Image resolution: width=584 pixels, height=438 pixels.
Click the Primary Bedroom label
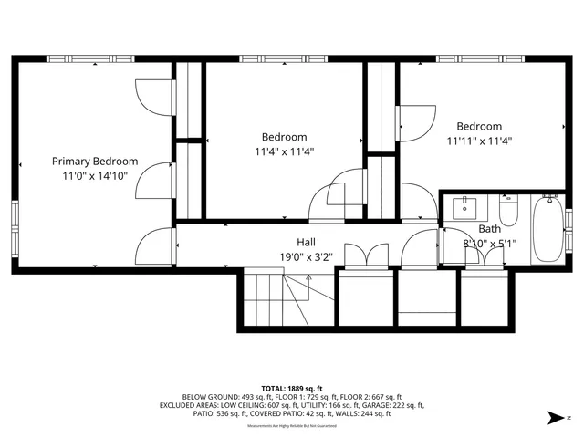pyautogui.click(x=95, y=161)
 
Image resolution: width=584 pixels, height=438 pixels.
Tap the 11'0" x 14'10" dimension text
pyautogui.click(x=95, y=175)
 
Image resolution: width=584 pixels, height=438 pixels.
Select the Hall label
pyautogui.click(x=306, y=243)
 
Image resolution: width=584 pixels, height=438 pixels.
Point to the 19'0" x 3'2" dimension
pyautogui.click(x=308, y=257)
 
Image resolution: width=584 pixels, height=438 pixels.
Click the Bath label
pyautogui.click(x=489, y=229)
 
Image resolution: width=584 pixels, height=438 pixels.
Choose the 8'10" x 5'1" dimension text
pyautogui.click(x=490, y=244)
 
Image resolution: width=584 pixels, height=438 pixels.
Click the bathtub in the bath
pyautogui.click(x=548, y=229)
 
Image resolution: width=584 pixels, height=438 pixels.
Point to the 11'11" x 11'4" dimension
pyautogui.click(x=479, y=141)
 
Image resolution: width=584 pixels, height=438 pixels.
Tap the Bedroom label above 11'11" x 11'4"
pyautogui.click(x=479, y=126)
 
